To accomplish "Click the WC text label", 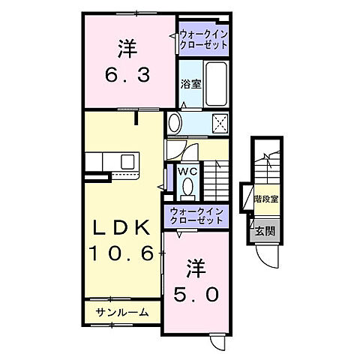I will [x=187, y=170].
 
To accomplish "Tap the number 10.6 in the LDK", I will [x=124, y=253].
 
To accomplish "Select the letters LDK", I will [x=124, y=226].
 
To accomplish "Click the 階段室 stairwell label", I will [x=267, y=199].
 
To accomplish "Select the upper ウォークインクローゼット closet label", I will [x=203, y=39].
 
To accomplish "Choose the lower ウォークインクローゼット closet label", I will [x=196, y=217].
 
